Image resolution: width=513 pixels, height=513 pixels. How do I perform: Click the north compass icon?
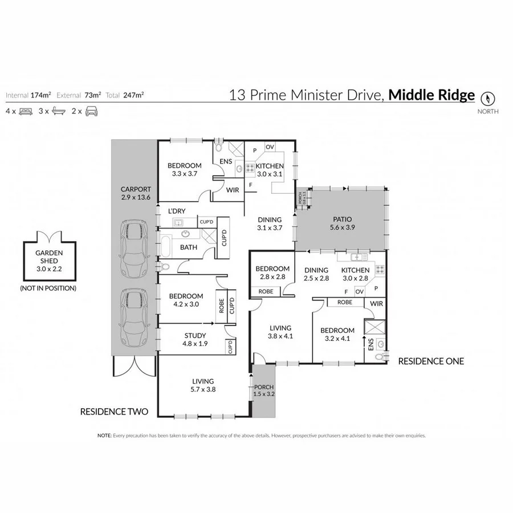click(x=488, y=97)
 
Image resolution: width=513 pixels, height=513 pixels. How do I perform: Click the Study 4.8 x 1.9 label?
click(x=195, y=339)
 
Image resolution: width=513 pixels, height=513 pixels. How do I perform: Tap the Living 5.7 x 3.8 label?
click(x=203, y=385)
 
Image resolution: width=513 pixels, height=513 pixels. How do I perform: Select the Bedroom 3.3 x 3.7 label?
click(x=184, y=169)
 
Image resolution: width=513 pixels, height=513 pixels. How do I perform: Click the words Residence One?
click(x=430, y=361)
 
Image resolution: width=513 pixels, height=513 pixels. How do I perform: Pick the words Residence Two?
click(x=114, y=411)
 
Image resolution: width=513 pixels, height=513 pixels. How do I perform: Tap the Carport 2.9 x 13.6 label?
click(x=136, y=194)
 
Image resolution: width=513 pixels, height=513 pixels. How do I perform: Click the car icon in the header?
click(x=91, y=111)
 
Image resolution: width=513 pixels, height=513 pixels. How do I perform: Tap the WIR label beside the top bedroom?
click(x=232, y=190)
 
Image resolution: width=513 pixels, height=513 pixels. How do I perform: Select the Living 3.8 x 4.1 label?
click(x=280, y=332)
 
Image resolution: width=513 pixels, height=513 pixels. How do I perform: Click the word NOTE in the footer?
click(x=104, y=435)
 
